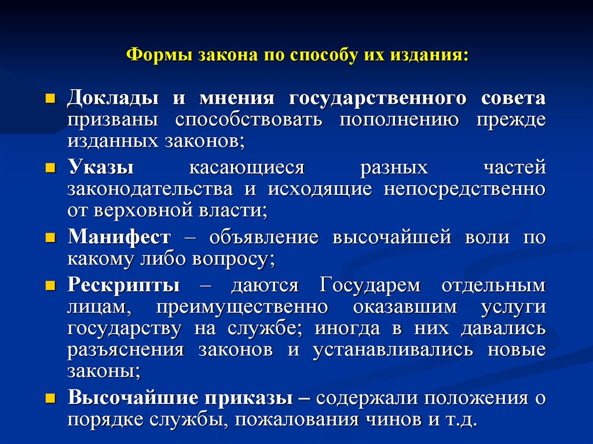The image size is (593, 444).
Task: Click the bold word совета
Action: pyautogui.click(x=513, y=98)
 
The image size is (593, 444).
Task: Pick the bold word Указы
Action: pyautogui.click(x=101, y=168)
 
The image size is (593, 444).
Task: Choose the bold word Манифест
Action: pyautogui.click(x=119, y=237)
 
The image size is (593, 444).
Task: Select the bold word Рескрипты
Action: pyautogui.click(x=123, y=285)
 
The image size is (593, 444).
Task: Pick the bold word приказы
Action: pyautogui.click(x=255, y=398)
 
